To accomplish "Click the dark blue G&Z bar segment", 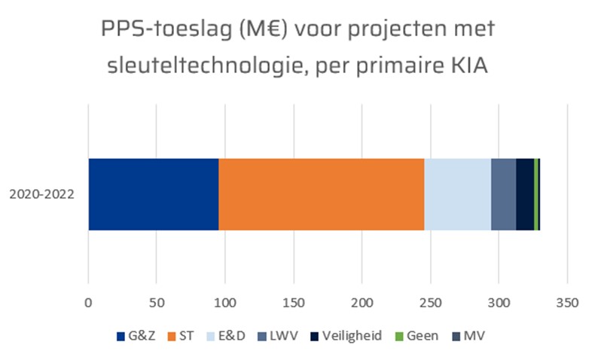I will pos(154,194).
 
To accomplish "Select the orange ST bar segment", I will pos(322,194).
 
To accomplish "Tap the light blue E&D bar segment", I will pos(457,194).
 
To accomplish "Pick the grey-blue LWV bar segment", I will pos(503,194).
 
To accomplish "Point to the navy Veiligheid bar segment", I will pos(525,194).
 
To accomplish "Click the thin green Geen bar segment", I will pos(535,194).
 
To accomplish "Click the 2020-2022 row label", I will pos(41,194).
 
